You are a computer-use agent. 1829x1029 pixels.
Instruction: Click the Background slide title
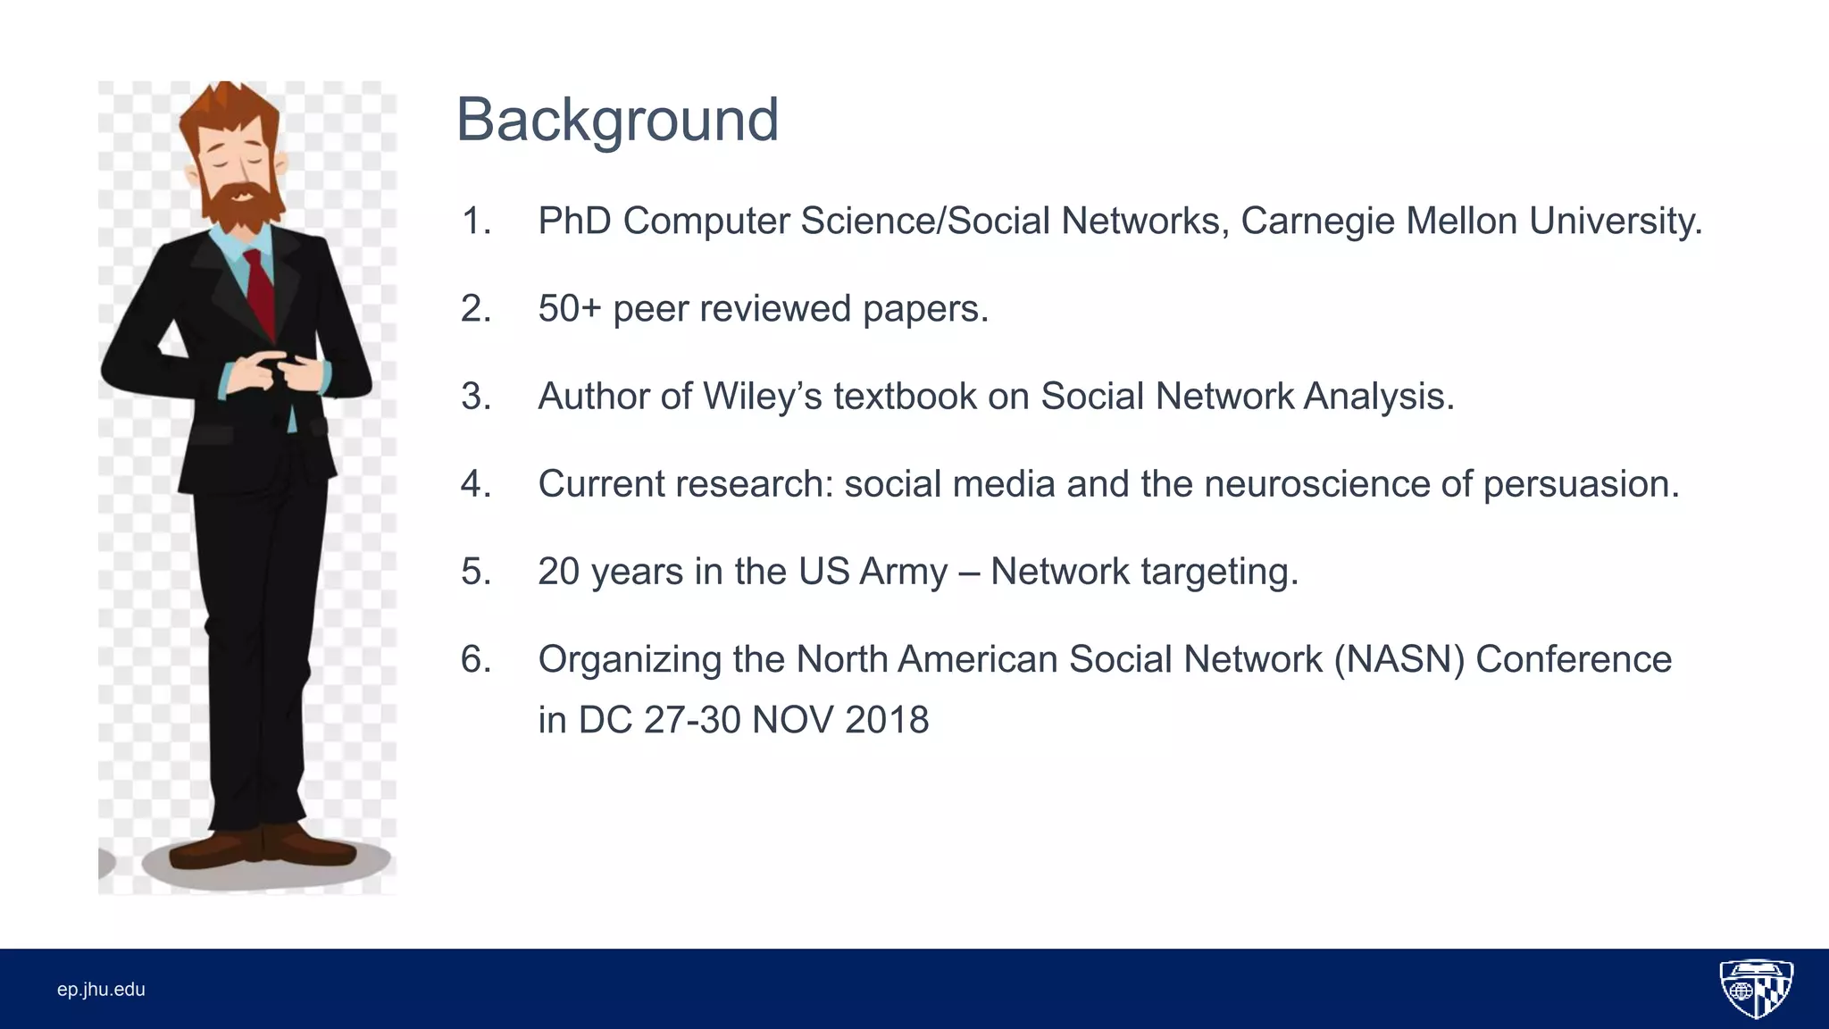coord(617,120)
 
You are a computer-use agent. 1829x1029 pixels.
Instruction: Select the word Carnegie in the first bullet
coord(1317,222)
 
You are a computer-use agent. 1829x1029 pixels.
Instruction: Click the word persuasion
coord(1581,484)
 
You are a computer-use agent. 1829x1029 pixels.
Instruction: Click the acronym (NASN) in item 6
coord(1399,659)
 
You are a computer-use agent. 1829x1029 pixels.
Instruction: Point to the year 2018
coord(887,720)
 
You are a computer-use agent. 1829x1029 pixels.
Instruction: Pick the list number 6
coord(475,659)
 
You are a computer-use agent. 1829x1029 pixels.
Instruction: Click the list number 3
coord(475,397)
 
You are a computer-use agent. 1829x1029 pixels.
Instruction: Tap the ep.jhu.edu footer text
coord(101,989)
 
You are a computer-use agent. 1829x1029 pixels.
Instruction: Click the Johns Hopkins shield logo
coord(1756,988)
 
